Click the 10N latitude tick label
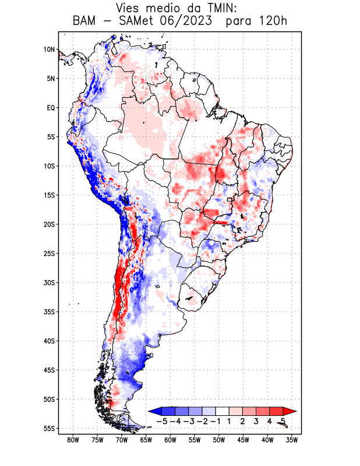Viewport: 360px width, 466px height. tap(49, 50)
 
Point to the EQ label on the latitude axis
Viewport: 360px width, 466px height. tap(50, 108)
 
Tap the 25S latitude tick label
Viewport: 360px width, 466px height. tap(49, 253)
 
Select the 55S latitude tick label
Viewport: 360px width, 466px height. tap(49, 428)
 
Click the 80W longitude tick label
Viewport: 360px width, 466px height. tap(73, 440)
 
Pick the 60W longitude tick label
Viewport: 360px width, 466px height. tap(170, 440)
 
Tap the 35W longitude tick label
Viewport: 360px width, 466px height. tap(292, 440)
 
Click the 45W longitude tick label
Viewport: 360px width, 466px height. tap(243, 440)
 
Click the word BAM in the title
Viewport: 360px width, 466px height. tap(87, 22)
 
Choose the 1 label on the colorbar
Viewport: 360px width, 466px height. tap(230, 421)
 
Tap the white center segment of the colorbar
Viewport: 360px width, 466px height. tap(223, 411)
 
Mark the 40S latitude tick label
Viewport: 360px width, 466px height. tap(49, 341)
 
